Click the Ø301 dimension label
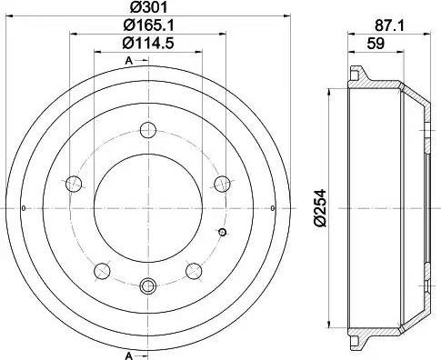click(x=148, y=7)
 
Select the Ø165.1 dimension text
click(x=148, y=25)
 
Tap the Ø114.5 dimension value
click(x=148, y=43)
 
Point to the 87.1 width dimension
click(x=389, y=26)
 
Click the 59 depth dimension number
click(x=376, y=44)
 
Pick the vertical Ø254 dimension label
click(x=320, y=208)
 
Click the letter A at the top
click(x=129, y=61)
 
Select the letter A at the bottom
click(x=129, y=355)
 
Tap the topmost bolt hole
click(x=148, y=130)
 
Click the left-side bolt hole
click(x=74, y=184)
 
